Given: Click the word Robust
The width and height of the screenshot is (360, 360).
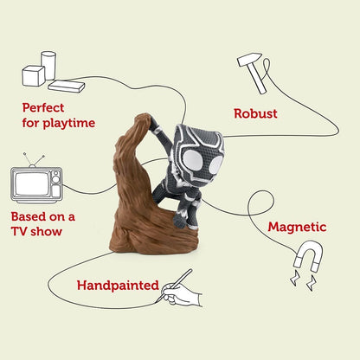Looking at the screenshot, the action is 255,113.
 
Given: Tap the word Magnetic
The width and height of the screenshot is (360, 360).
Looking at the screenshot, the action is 297,228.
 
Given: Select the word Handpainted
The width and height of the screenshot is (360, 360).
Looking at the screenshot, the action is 118,286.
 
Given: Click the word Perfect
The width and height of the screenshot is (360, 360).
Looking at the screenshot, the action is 43,107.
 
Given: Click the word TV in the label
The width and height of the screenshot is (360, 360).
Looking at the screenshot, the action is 19,231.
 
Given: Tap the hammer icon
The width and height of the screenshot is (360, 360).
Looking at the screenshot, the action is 253,73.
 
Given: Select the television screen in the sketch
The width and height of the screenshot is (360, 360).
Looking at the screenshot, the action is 32,183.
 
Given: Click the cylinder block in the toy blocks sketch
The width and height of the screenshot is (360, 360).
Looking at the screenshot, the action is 48,65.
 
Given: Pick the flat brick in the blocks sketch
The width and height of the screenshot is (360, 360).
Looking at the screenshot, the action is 67,86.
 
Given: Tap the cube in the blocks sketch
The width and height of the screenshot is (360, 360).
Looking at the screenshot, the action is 34,76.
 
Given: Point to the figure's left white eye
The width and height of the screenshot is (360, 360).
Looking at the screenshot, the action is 194,160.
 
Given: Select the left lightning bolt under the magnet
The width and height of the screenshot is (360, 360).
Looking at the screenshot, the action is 295,278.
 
